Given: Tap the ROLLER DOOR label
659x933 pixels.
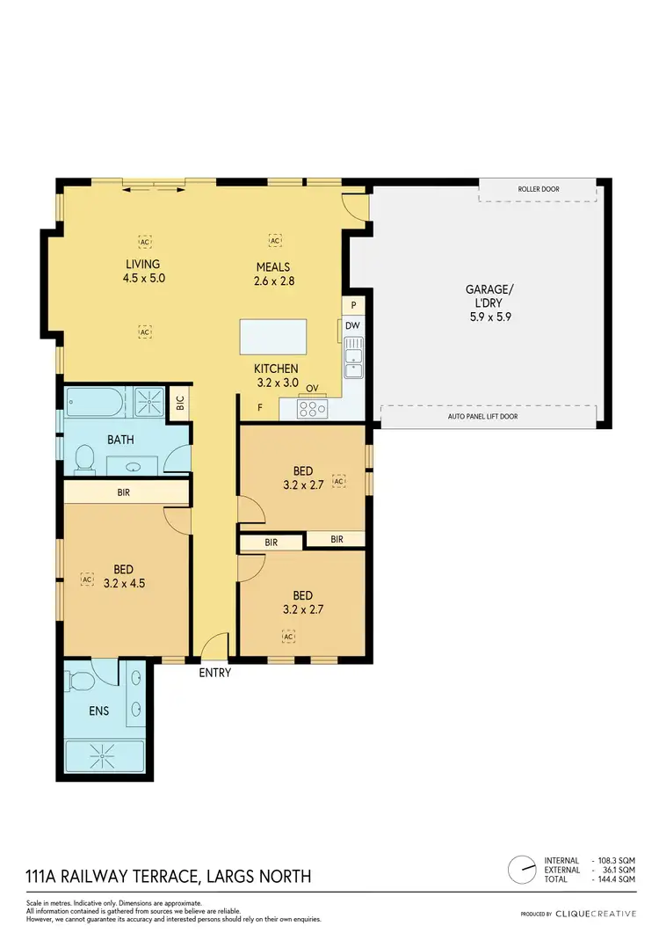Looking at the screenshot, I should tap(538, 189).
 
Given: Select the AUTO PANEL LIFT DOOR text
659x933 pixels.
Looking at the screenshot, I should tap(489, 416).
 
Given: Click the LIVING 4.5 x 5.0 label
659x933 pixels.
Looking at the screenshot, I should tap(143, 271).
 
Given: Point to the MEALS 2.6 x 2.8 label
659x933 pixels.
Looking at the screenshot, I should tap(273, 274).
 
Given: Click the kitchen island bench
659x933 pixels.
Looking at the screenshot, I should tap(274, 338).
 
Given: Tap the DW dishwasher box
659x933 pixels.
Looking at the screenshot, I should tap(352, 326).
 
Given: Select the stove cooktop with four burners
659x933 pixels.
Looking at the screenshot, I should tap(311, 408).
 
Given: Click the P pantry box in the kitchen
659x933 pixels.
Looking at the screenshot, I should tap(352, 304).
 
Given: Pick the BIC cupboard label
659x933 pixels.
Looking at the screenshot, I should tap(180, 405).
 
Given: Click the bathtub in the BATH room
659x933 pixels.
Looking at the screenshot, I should tap(94, 404).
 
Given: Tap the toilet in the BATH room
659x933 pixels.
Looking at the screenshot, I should tap(85, 457).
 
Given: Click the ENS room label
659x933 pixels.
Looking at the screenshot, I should tap(98, 711).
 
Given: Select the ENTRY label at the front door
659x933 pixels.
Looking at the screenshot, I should tap(214, 673).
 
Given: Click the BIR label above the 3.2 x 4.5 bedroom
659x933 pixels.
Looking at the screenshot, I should tap(124, 493).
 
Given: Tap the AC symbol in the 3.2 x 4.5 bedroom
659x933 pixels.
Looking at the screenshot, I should tap(87, 579).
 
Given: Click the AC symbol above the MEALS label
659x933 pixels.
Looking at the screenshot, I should tap(274, 240).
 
